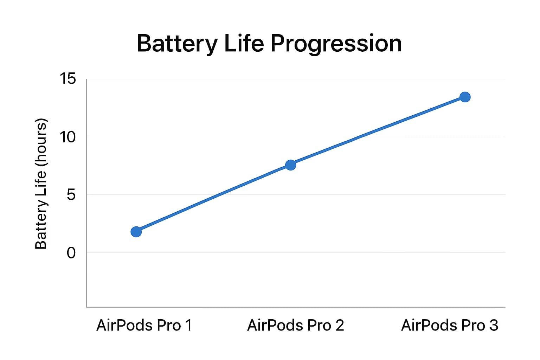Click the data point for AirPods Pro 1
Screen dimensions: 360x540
(136, 232)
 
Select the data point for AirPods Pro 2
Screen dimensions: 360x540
(290, 165)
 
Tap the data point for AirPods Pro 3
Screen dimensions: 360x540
(465, 97)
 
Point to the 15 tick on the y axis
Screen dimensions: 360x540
(67, 79)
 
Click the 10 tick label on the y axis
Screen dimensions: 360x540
(67, 137)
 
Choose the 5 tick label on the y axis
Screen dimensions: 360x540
(71, 195)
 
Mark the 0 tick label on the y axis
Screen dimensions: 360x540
(71, 253)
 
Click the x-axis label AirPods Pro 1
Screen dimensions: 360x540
(144, 325)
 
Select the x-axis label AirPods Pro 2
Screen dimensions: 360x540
(295, 325)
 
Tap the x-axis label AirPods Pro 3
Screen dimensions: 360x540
(449, 325)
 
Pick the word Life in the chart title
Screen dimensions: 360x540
(244, 44)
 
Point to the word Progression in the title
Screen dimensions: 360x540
(336, 44)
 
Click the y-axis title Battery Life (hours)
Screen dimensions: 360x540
(41, 184)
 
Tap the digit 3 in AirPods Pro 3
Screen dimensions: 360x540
(494, 325)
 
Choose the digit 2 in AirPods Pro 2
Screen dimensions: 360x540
(340, 325)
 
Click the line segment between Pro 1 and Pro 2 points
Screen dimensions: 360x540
(213, 198)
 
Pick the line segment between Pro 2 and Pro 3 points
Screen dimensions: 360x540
(378, 131)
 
